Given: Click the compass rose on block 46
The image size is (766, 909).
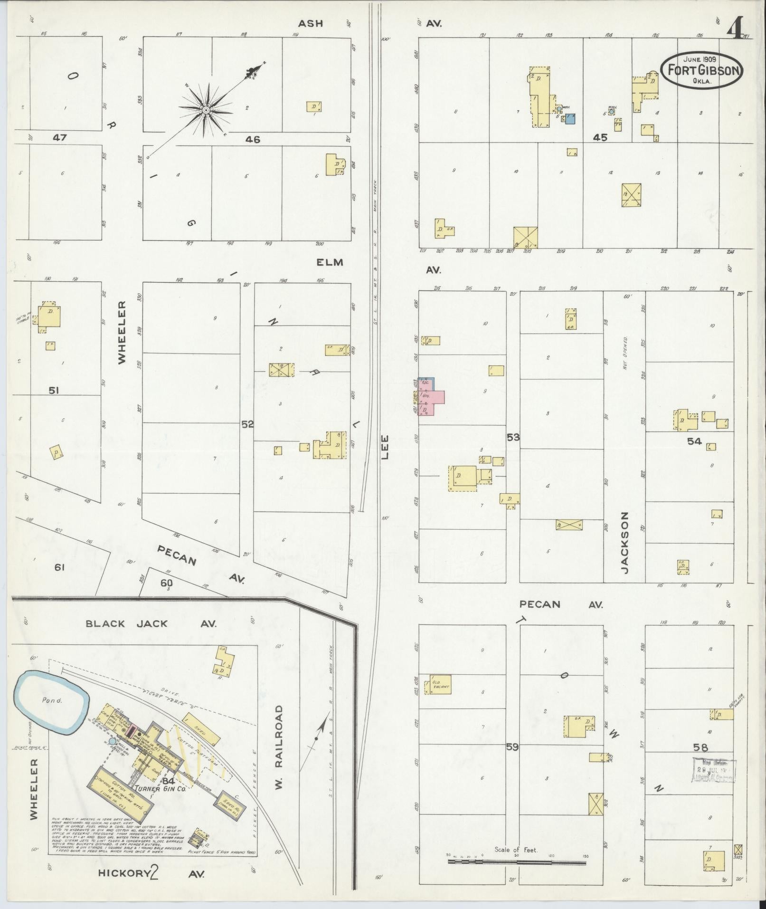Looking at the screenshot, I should (x=207, y=110).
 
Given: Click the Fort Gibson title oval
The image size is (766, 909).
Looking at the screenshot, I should (x=701, y=70).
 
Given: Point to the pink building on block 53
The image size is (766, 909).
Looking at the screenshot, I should (x=433, y=402).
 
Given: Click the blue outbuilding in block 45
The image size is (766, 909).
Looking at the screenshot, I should (x=570, y=118).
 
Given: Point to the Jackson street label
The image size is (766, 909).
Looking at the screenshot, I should (x=625, y=543).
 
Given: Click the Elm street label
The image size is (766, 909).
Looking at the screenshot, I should (x=331, y=262).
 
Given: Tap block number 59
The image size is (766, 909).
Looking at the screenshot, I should (x=512, y=747).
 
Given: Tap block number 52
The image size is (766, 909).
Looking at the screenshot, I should (x=247, y=424).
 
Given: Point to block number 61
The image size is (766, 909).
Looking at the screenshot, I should (x=59, y=566).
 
